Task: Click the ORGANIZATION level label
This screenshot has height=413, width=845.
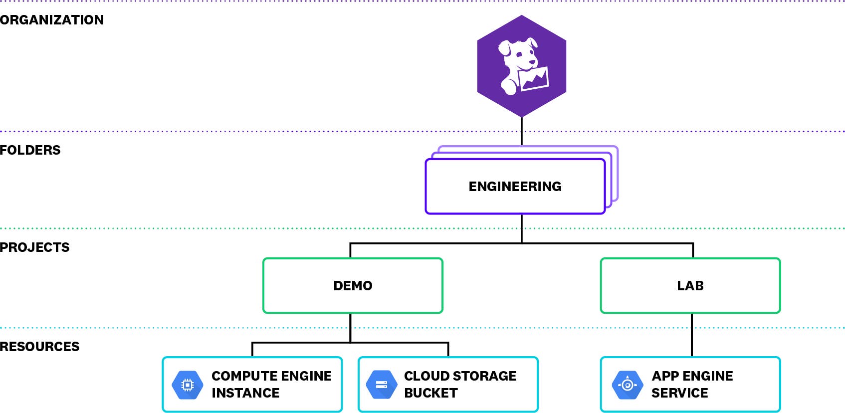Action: click(52, 20)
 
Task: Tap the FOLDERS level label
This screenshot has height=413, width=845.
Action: click(30, 150)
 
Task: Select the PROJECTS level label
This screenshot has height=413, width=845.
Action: click(34, 247)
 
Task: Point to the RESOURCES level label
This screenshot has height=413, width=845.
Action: click(39, 347)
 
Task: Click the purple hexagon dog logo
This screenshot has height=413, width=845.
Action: click(521, 66)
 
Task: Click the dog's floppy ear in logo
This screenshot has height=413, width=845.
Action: click(504, 48)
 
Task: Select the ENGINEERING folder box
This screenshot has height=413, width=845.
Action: click(515, 187)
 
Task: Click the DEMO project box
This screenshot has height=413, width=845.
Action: click(353, 286)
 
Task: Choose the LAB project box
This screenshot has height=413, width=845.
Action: click(690, 286)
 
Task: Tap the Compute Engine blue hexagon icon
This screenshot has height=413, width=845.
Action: click(187, 385)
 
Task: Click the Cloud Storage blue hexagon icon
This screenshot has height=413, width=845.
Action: click(382, 385)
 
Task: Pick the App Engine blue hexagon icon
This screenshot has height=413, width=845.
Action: click(628, 385)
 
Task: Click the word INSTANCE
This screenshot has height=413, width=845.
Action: click(245, 393)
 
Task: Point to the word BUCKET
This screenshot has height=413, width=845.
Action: click(430, 393)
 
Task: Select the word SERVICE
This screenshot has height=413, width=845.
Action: click(679, 393)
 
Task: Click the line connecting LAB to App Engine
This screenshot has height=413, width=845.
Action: click(692, 335)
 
